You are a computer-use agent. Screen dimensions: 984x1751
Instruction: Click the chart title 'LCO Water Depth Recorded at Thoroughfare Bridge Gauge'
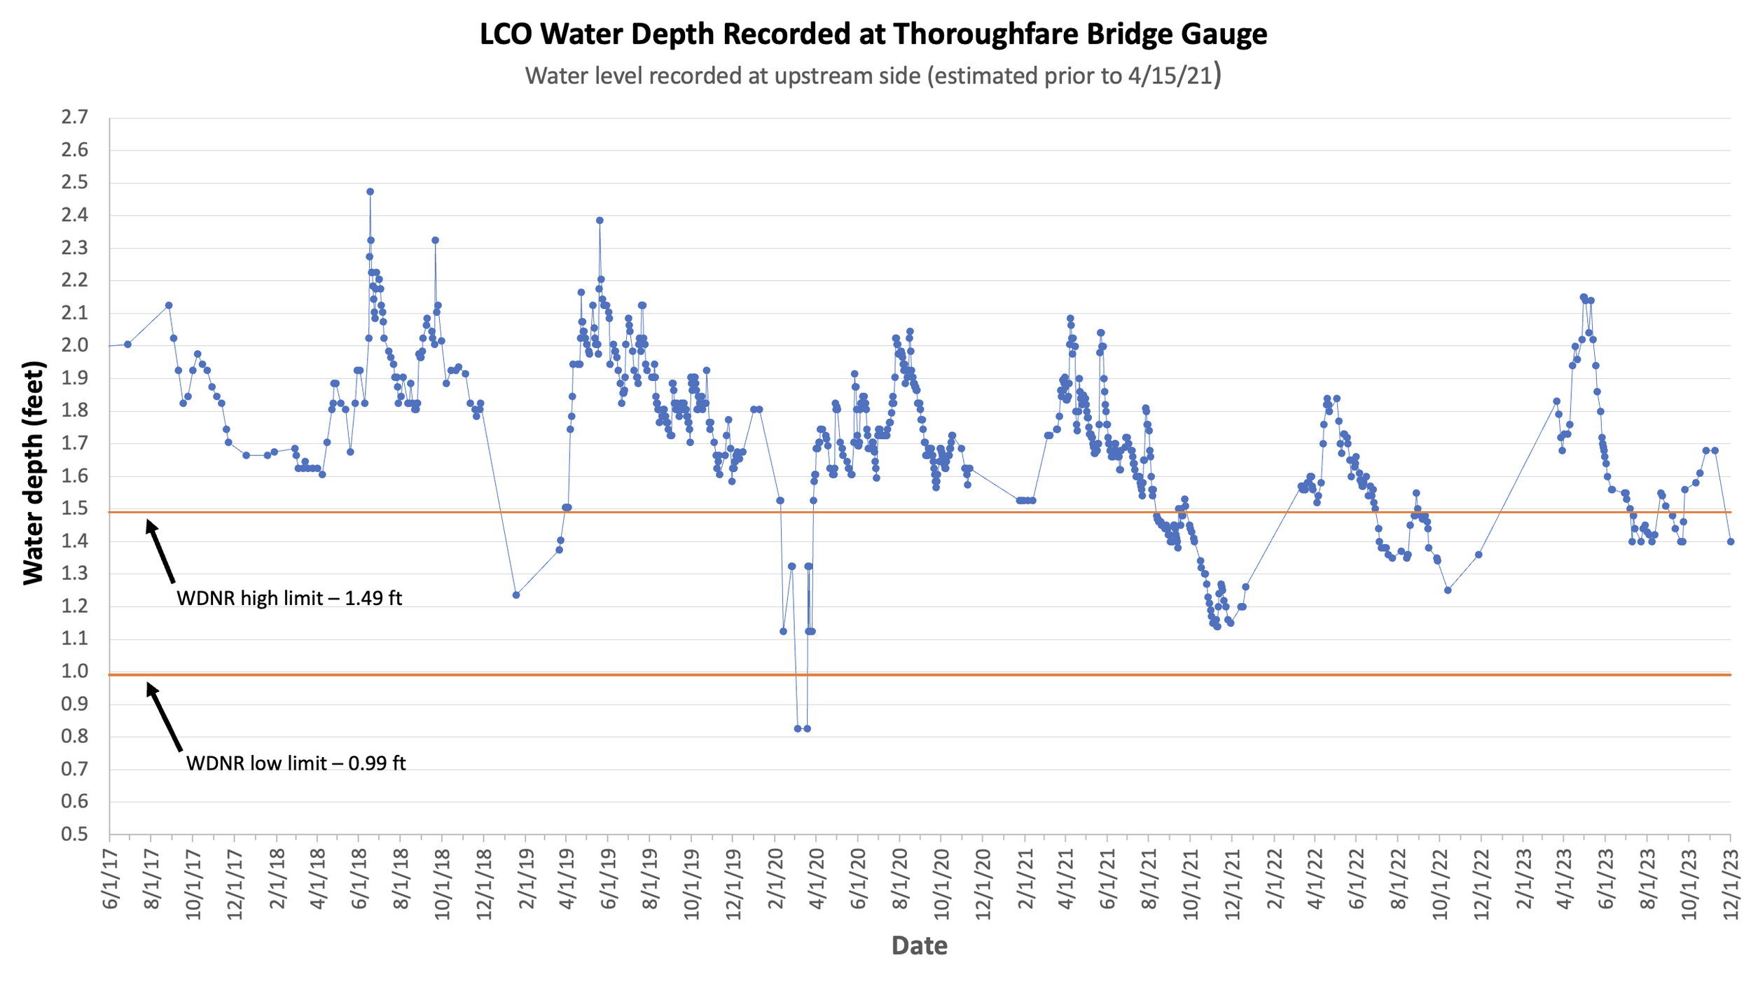point(873,34)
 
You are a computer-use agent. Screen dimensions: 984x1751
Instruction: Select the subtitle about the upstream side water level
point(873,75)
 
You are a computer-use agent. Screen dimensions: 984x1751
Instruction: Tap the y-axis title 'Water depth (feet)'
point(34,473)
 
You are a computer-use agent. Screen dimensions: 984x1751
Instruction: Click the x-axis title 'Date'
point(919,945)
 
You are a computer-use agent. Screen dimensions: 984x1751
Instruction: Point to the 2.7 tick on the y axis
point(75,117)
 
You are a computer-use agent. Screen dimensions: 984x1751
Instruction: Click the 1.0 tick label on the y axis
point(75,671)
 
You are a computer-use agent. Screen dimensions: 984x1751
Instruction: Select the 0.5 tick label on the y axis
point(75,834)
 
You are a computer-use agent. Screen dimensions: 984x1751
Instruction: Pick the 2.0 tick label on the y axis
point(75,345)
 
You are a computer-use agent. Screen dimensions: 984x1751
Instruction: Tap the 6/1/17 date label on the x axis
point(111,879)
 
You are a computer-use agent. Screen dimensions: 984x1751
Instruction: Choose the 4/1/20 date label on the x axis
point(817,879)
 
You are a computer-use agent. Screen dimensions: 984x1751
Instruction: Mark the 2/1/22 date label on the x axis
point(1274,879)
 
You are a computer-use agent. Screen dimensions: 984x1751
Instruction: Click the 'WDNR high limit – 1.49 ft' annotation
point(289,598)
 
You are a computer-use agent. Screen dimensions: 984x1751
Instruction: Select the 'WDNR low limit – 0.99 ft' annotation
point(296,763)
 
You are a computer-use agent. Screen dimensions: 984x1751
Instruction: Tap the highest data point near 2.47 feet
point(370,191)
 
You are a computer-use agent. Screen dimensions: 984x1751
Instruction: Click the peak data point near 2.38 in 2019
point(600,220)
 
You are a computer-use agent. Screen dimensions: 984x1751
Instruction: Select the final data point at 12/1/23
point(1731,541)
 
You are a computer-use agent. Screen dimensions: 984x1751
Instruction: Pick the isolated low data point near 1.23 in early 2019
point(516,595)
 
